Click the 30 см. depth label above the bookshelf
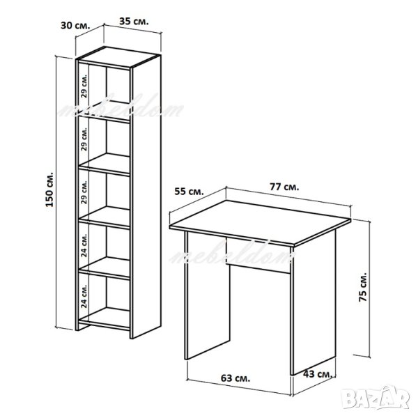pyautogui.click(x=76, y=26)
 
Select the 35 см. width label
pyautogui.click(x=134, y=22)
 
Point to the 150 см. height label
pyautogui.click(x=49, y=189)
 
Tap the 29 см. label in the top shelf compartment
pyautogui.click(x=84, y=86)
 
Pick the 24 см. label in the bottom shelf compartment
pyautogui.click(x=84, y=296)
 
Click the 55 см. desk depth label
pyautogui.click(x=189, y=192)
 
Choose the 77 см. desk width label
pyautogui.click(x=284, y=187)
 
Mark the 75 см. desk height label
pyautogui.click(x=363, y=287)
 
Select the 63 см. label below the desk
pyautogui.click(x=235, y=378)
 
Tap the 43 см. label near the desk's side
pyautogui.click(x=318, y=373)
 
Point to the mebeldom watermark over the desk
pyautogui.click(x=232, y=254)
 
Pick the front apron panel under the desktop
pyautogui.click(x=258, y=255)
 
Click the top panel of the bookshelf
pyautogui.click(x=118, y=57)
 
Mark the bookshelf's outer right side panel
pyautogui.click(x=146, y=196)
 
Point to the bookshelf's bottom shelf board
pyautogui.click(x=104, y=318)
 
